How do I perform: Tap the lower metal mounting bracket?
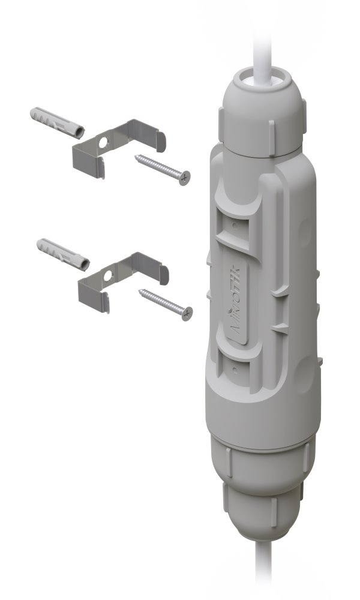click(120, 279)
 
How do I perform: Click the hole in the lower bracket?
click(108, 277)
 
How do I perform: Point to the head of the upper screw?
click(184, 178)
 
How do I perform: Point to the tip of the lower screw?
click(140, 292)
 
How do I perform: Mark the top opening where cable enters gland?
click(263, 77)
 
